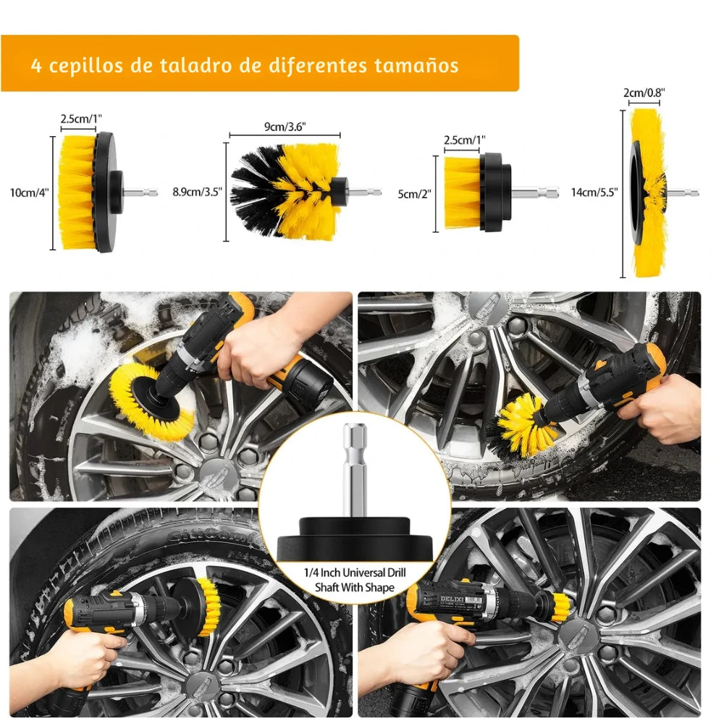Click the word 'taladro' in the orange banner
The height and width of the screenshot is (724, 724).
pos(188,65)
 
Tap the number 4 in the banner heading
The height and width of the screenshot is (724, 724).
pos(36,65)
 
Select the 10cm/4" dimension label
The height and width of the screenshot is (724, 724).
pos(30,193)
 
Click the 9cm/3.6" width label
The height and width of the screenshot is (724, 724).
pos(285,126)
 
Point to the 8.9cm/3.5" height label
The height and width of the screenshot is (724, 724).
pos(198,193)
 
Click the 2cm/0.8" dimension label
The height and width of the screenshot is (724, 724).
pos(644,93)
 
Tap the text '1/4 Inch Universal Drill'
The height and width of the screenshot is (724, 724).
pos(355,573)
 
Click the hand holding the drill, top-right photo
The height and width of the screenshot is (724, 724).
pos(662,409)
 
